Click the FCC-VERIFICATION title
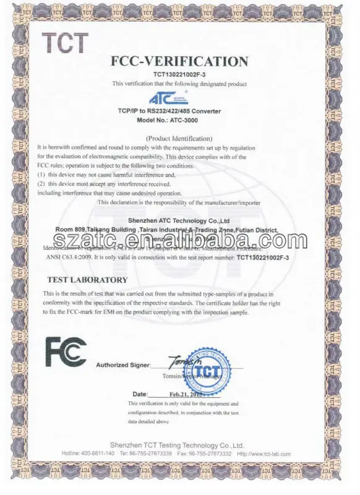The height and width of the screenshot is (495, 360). pos(179,61)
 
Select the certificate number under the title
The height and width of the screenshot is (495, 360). pos(179,74)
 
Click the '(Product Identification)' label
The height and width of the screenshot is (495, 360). pos(179,138)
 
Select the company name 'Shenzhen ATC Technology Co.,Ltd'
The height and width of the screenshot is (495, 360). pos(179,220)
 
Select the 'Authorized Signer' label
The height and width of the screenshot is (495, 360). pos(122,365)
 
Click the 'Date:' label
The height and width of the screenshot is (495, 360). pos(140,394)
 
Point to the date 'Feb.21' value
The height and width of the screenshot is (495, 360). pos(179,394)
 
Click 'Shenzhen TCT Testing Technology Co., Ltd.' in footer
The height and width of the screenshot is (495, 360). pos(180,445)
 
